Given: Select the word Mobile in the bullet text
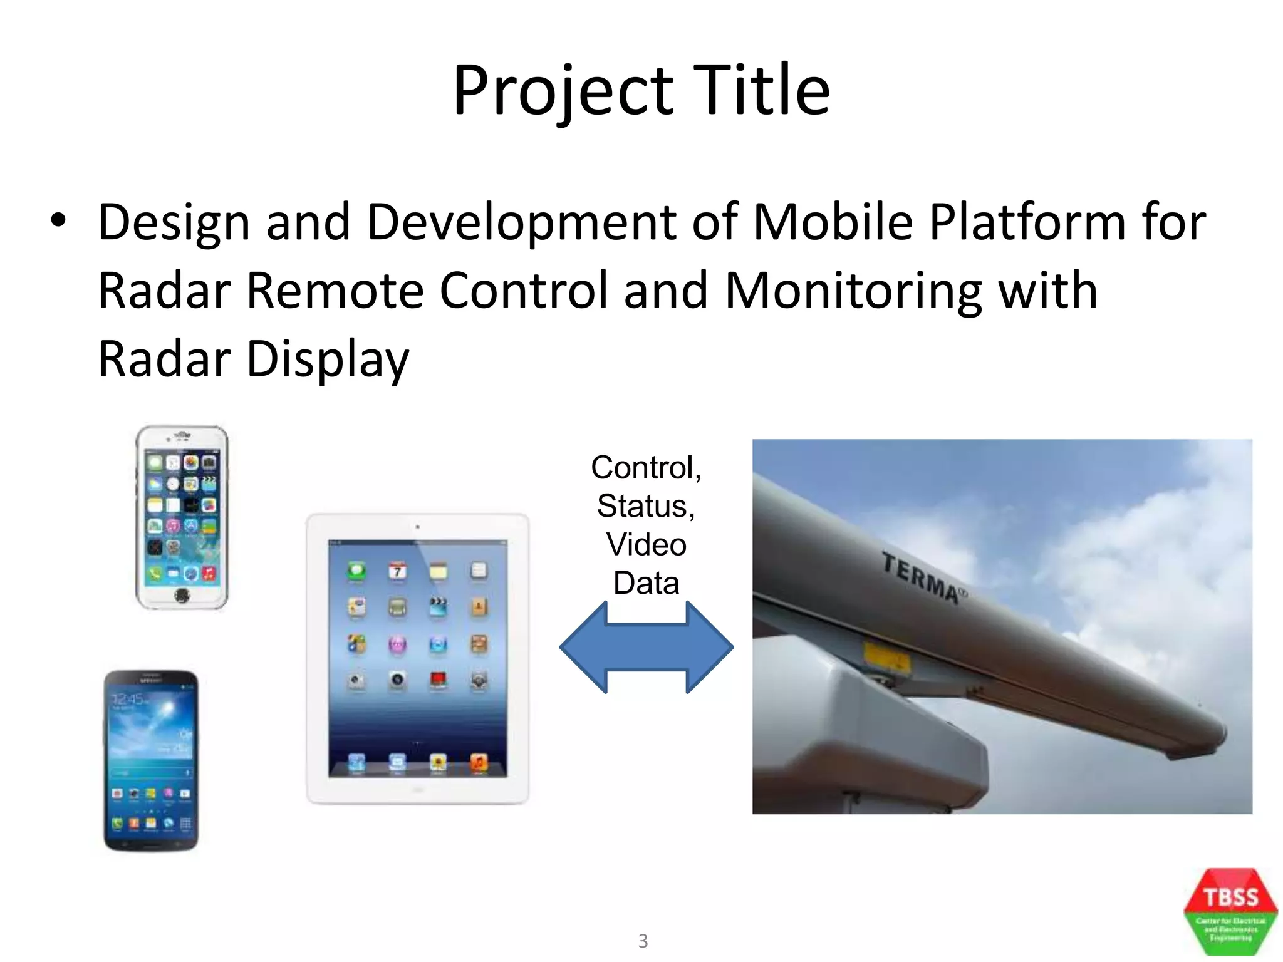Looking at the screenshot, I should [833, 222].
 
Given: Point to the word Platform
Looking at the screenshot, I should [1027, 222].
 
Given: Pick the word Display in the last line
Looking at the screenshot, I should [328, 359].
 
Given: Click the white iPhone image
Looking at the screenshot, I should [182, 517].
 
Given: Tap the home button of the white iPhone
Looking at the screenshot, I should [182, 596].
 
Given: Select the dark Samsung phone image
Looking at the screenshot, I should [151, 760].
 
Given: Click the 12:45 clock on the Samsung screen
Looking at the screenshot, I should [128, 699].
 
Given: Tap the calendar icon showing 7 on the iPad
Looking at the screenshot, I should [397, 571].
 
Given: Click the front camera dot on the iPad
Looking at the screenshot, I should [417, 527].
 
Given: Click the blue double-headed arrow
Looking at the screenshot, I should [646, 648].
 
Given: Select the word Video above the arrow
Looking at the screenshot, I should [646, 544].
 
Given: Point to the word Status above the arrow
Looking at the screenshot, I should [646, 506].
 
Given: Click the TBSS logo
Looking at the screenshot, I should [1230, 911].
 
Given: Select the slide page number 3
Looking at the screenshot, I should [643, 941].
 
